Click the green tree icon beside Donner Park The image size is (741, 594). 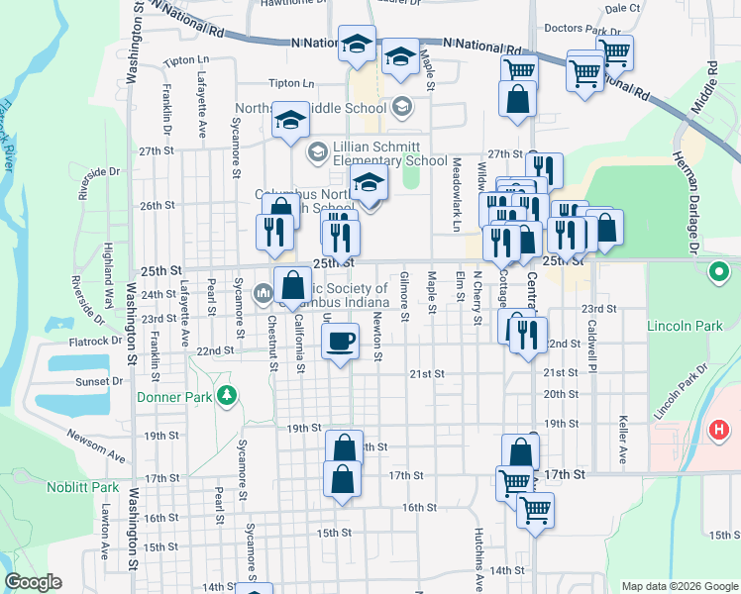(228, 396)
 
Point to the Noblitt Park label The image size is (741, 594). (82, 487)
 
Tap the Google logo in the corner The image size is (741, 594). (34, 582)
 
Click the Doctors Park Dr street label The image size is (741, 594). (582, 31)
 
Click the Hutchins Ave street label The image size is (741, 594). (477, 546)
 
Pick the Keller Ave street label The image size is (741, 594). (623, 440)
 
